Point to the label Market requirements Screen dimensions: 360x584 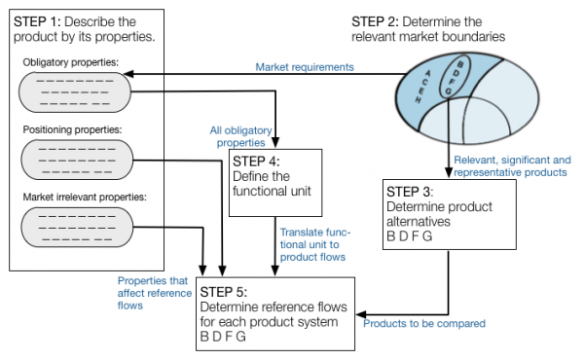tap(304, 67)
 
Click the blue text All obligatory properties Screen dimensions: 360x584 tap(240, 135)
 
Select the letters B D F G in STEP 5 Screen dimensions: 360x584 tap(222, 337)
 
